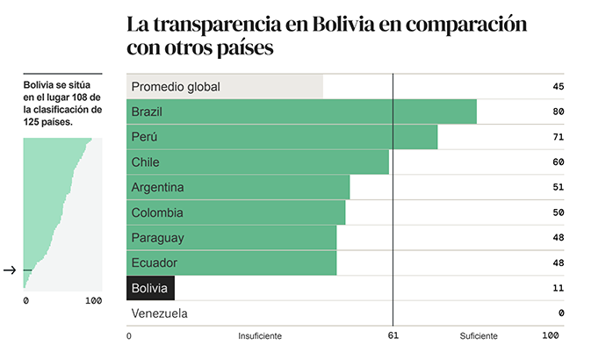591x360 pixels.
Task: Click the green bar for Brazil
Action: click(302, 112)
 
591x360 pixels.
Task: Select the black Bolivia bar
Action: click(151, 288)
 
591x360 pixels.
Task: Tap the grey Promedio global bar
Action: click(225, 86)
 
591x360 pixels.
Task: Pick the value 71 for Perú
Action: click(558, 137)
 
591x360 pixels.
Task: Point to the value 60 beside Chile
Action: click(558, 162)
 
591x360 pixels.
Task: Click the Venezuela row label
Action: click(159, 313)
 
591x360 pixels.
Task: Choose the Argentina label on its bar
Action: click(157, 187)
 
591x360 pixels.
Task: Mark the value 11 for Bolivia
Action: click(558, 288)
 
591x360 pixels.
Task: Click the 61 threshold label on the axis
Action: click(393, 335)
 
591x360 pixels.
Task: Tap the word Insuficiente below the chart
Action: click(260, 335)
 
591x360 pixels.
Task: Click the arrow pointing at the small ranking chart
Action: click(10, 270)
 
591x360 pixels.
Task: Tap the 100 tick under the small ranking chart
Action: click(94, 301)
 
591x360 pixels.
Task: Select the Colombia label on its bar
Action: click(157, 212)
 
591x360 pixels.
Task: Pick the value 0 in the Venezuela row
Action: click(560, 313)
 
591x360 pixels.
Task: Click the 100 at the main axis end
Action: click(551, 335)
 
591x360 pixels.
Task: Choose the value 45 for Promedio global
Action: click(558, 86)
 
